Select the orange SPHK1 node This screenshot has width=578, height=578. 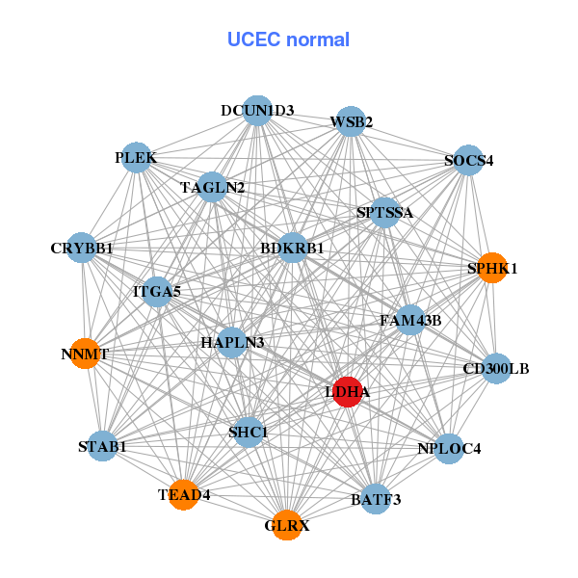coord(492,268)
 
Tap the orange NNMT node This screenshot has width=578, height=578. coord(85,354)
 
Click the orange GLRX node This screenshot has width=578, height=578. coord(286,525)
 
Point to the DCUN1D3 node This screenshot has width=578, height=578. coord(257,110)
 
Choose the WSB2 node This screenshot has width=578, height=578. coord(351,121)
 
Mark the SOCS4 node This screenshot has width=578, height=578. coord(468,160)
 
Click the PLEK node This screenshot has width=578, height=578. coord(136,157)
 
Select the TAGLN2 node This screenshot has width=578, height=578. coord(213,187)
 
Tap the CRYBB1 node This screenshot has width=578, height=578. coord(82,249)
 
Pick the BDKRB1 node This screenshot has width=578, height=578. coord(292,249)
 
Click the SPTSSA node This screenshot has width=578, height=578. coord(384,213)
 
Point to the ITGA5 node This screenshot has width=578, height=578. coord(157,290)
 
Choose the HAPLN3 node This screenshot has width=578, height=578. coord(232,342)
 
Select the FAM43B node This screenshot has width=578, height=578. coord(410,320)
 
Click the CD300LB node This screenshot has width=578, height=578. coord(496,368)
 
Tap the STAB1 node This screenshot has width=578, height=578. coord(102,446)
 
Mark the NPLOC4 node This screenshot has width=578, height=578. coord(449,448)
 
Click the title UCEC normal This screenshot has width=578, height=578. coord(288,39)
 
